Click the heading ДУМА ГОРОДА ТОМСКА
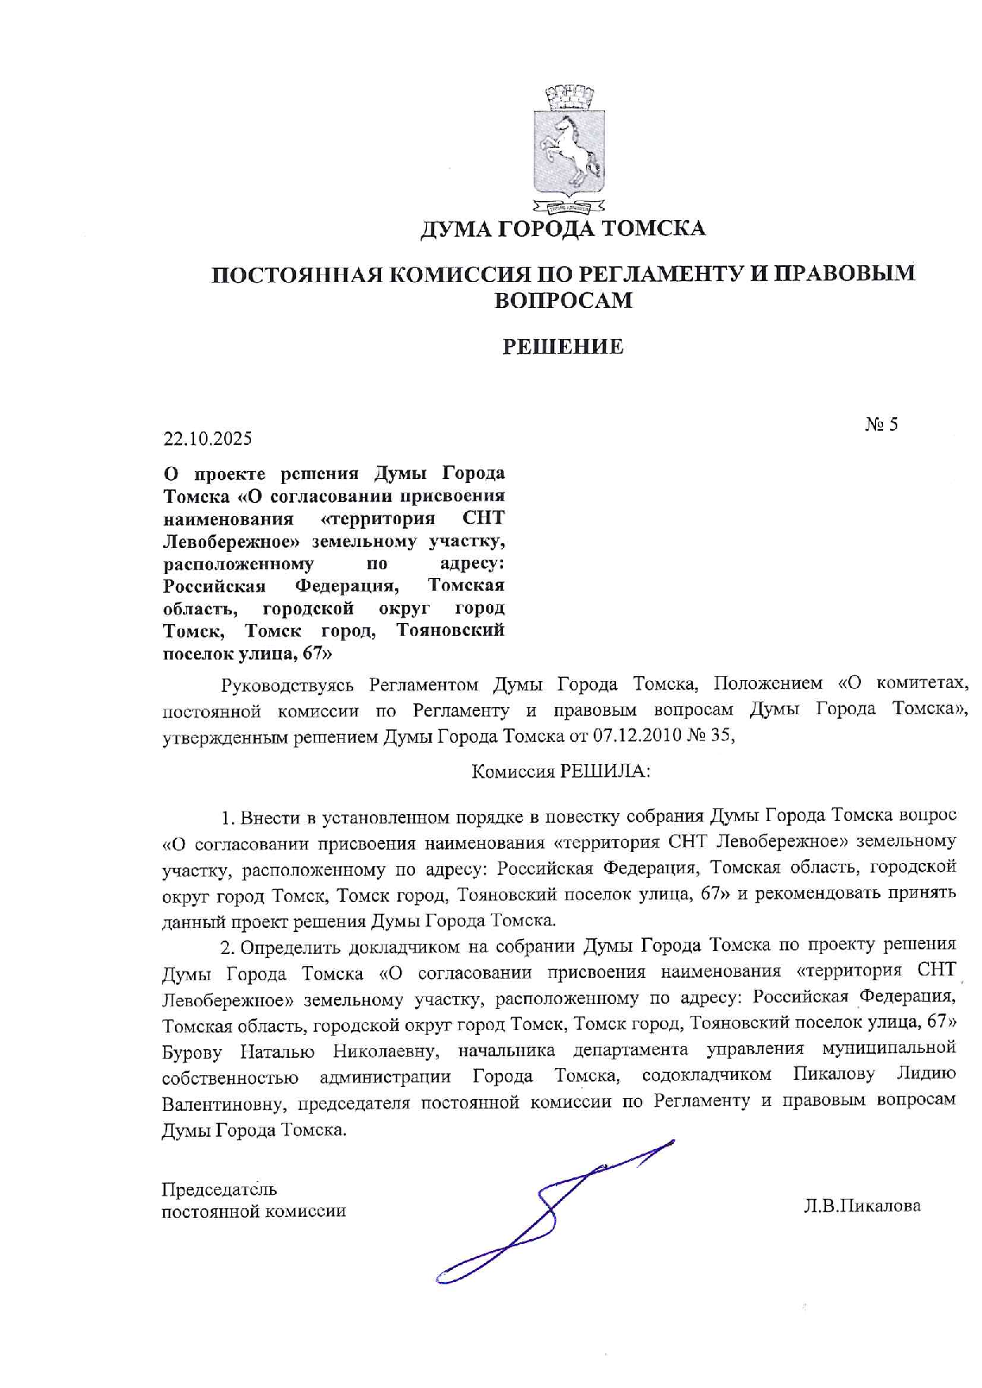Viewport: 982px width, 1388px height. [561, 229]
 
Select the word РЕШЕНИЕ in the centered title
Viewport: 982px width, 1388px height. [563, 346]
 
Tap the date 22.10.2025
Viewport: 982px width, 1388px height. [207, 438]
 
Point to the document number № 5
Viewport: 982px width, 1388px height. [881, 424]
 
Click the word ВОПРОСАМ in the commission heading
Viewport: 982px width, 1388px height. [563, 300]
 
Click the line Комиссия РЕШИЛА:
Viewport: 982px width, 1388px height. [561, 771]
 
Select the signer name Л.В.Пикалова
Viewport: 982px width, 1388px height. [862, 1207]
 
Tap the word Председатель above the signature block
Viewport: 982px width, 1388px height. [219, 1189]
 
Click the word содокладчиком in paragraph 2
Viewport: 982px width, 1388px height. [706, 1075]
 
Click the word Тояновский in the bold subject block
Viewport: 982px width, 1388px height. [450, 630]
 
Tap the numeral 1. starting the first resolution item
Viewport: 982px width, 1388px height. [228, 817]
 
